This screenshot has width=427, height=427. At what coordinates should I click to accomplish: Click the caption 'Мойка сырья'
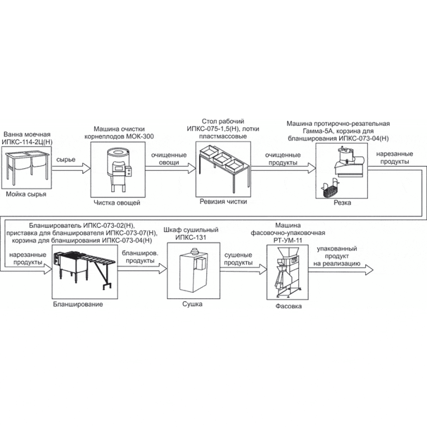click(x=26, y=194)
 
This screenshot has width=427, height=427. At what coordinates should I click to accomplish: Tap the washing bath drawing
click(x=27, y=166)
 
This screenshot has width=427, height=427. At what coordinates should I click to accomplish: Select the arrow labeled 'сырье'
click(x=71, y=168)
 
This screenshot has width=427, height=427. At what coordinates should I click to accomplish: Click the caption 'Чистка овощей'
click(x=117, y=202)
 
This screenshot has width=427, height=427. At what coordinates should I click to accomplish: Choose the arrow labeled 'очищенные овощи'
click(x=170, y=168)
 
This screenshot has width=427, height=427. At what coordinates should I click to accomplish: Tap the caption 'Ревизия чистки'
click(x=223, y=201)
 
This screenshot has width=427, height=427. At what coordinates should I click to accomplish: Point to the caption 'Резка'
click(x=342, y=202)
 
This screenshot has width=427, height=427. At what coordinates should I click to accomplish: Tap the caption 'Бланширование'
click(x=78, y=304)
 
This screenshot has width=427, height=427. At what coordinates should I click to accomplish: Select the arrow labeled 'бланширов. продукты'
click(x=142, y=268)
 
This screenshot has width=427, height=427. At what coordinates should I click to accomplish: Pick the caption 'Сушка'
click(x=192, y=304)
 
